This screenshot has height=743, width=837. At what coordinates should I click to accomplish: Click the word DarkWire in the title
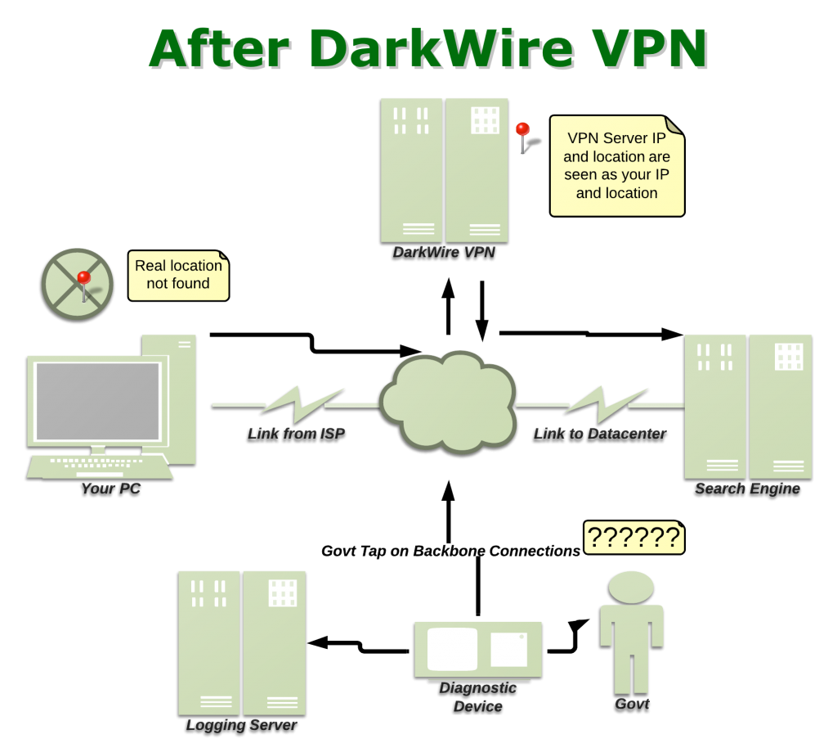[442, 49]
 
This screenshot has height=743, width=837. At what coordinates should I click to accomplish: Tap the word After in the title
[221, 49]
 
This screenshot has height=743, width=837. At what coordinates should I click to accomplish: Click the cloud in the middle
[447, 402]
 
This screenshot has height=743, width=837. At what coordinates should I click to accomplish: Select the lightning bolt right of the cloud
[605, 403]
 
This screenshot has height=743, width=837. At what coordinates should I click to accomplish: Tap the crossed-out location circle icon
[78, 283]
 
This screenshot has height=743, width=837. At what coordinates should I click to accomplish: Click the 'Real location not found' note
[178, 275]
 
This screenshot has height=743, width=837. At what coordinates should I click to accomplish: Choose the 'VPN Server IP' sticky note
[616, 165]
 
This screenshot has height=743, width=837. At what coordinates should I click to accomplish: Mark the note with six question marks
[633, 538]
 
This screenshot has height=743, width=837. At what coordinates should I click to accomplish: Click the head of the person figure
[631, 587]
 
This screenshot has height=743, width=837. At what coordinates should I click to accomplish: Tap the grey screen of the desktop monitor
[97, 401]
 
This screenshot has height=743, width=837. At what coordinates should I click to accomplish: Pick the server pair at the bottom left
[242, 642]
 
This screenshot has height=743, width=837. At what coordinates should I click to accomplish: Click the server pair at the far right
[748, 406]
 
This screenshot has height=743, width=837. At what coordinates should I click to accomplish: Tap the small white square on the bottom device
[508, 650]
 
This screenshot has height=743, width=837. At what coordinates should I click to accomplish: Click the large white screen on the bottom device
[452, 649]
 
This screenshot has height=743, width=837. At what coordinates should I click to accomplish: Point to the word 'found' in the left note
[190, 284]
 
